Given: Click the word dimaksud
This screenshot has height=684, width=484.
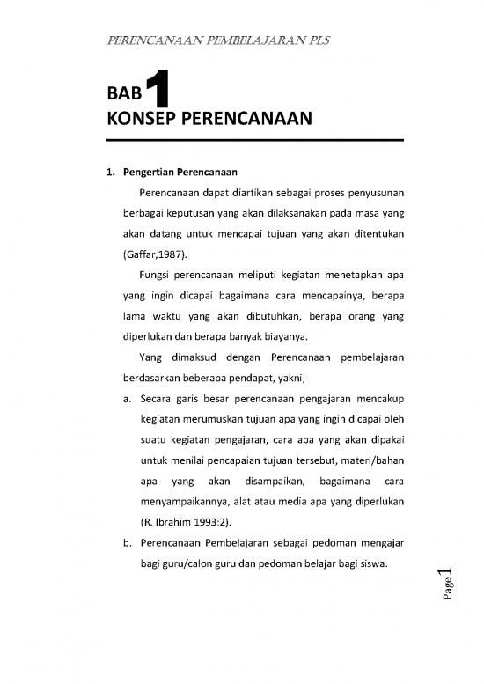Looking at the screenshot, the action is [192, 360].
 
